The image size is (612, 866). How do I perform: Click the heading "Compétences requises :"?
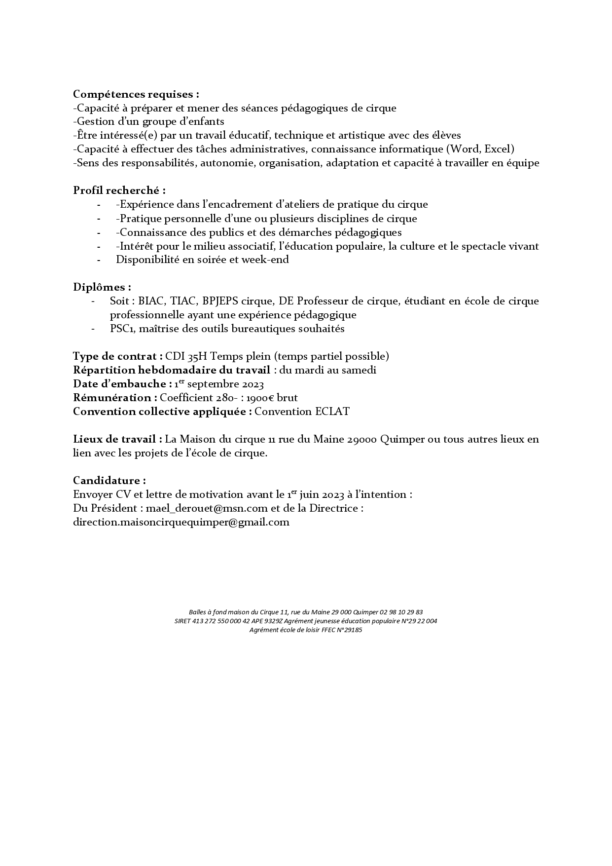tap(136, 94)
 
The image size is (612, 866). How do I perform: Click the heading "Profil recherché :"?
tap(119, 190)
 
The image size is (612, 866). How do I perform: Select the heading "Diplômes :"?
tap(102, 287)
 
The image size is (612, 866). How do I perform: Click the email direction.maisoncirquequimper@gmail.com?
tap(181, 522)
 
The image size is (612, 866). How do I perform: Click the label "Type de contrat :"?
tap(118, 356)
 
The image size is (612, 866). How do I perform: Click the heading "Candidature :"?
tap(109, 481)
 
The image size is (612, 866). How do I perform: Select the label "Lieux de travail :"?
tap(118, 439)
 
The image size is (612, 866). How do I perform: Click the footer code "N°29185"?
tap(350, 630)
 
